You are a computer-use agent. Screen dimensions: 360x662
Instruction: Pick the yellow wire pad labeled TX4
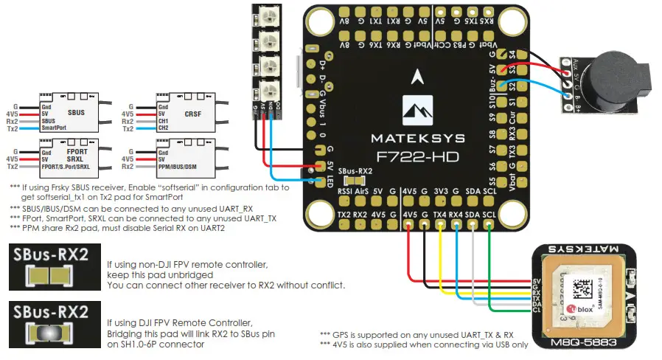[440, 215]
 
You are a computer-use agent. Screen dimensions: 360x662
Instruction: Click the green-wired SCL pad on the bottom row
[489, 215]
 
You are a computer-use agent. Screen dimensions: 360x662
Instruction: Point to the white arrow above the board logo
[418, 75]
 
